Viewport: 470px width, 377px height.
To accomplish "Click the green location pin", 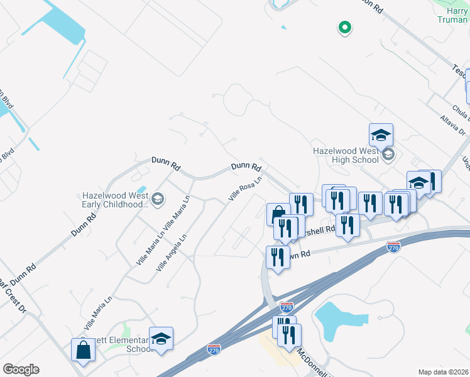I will coord(344,28).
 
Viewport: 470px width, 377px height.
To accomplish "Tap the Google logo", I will coord(21,369).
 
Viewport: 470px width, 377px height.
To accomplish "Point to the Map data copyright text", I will coord(443,372).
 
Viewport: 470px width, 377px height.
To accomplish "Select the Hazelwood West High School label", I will coord(346,155).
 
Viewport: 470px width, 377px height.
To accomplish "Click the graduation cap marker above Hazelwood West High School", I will coord(380,134).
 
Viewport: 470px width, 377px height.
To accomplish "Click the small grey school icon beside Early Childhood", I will coord(156,200).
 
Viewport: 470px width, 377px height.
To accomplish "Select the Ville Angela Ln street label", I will coord(172,253).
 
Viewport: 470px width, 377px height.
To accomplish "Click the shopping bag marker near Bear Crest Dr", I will coord(84,349).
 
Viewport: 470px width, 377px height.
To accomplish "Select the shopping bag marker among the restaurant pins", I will coord(278,214).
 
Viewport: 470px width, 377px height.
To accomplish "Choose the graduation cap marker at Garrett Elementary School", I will coord(161,339).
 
